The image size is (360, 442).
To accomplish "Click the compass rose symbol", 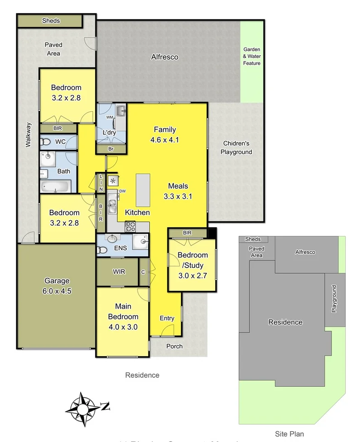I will click(x=83, y=409).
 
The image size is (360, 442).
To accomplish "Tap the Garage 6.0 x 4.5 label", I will click(x=58, y=285).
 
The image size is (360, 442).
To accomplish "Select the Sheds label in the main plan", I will click(x=51, y=21).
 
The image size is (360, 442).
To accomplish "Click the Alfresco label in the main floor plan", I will click(x=164, y=57).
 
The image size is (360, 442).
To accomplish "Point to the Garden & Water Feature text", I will click(x=252, y=57).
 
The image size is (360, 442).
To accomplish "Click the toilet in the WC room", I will click(x=45, y=142).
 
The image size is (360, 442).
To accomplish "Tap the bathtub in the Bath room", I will click(x=55, y=186).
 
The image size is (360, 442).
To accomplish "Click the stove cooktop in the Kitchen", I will click(x=130, y=226).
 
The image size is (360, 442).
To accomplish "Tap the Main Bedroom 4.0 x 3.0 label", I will click(x=123, y=316).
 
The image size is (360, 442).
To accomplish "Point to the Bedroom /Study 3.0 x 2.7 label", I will click(x=192, y=265).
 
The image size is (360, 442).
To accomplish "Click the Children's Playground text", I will click(x=236, y=148).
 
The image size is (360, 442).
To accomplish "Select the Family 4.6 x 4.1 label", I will click(x=164, y=135).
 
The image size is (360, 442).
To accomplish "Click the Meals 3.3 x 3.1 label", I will click(x=178, y=191).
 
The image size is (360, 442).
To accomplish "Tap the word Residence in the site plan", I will click(x=285, y=322).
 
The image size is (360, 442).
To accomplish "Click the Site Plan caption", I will click(x=290, y=434).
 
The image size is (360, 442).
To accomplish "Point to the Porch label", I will click(x=174, y=346).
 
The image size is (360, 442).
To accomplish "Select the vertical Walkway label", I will click(x=28, y=135).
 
